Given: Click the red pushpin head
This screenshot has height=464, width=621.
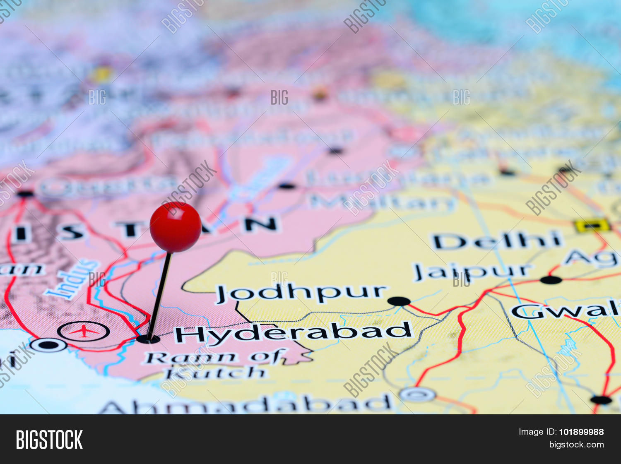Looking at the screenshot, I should point(175,227).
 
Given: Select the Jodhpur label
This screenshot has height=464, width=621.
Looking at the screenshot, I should point(301,293).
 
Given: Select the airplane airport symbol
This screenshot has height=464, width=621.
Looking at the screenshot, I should point(84,331).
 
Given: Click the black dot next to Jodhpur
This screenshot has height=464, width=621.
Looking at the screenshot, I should point(399,301).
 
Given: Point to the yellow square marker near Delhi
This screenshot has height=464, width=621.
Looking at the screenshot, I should point(592,226).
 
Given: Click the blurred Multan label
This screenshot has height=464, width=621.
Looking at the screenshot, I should point(383,202).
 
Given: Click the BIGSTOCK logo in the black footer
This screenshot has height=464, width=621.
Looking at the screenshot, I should point(49,440).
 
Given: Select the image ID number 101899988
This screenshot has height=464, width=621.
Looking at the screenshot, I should point(581,432).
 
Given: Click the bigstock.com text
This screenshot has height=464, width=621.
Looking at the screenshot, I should point(576,445).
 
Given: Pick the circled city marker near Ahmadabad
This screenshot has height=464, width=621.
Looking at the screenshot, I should point(417,394).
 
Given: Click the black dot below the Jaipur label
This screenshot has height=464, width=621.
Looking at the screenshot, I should point(551,280).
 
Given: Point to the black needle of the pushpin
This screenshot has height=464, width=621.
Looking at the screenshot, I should point(159,296).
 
